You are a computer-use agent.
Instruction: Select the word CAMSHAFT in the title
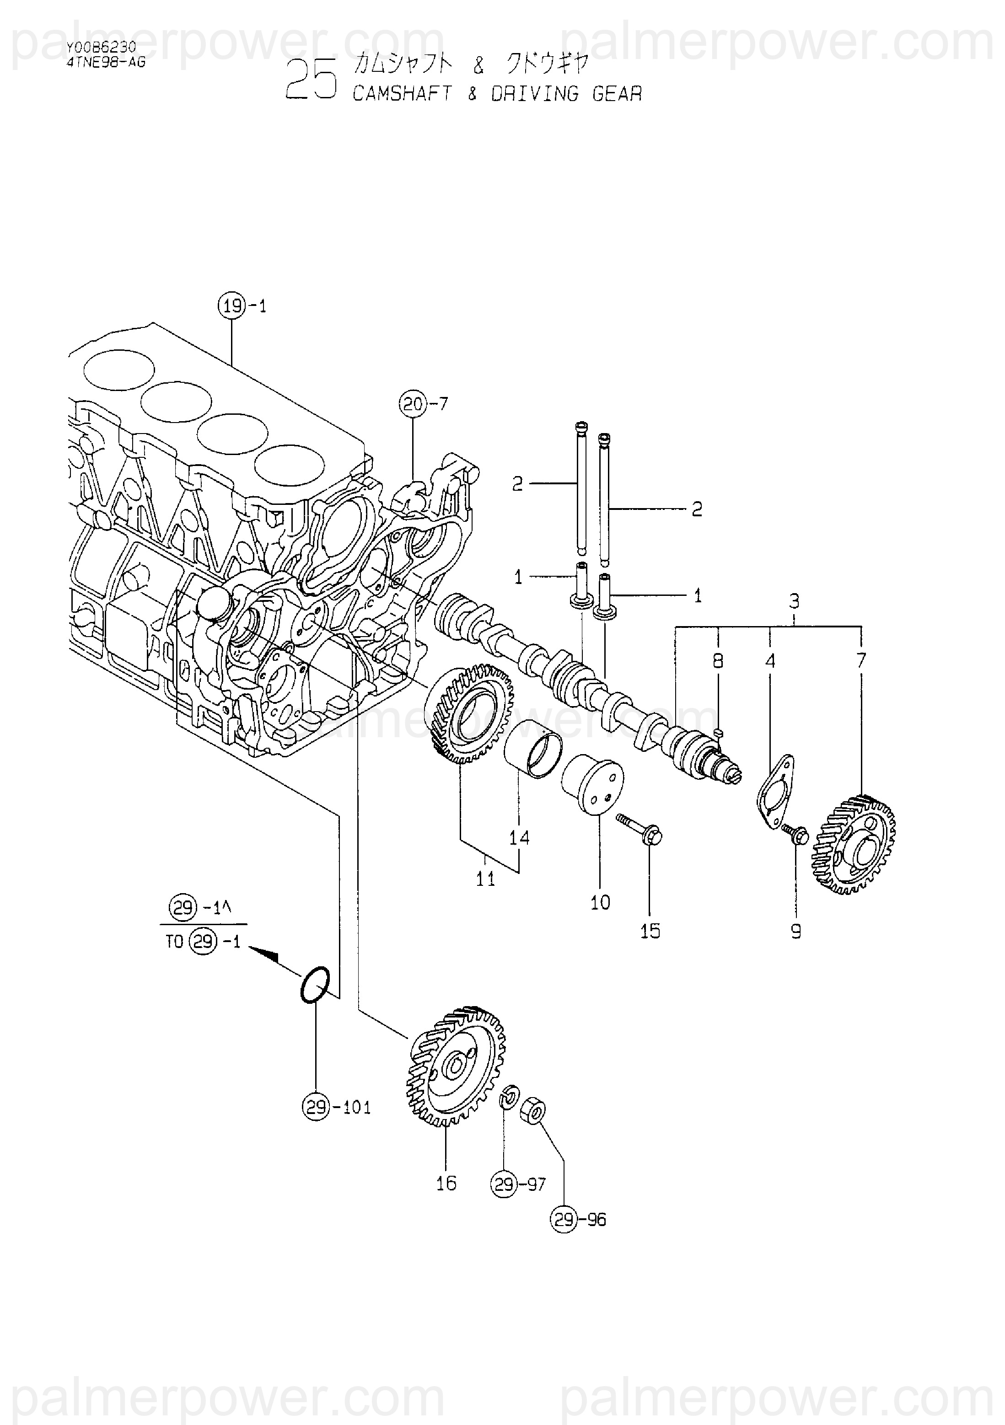tap(402, 94)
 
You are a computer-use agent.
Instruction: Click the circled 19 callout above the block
tap(231, 306)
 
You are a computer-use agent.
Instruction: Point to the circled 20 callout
tap(413, 405)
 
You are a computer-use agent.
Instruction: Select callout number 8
tap(718, 661)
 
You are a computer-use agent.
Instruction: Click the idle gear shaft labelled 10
tap(592, 784)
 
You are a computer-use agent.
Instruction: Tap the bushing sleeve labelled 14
tap(532, 749)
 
